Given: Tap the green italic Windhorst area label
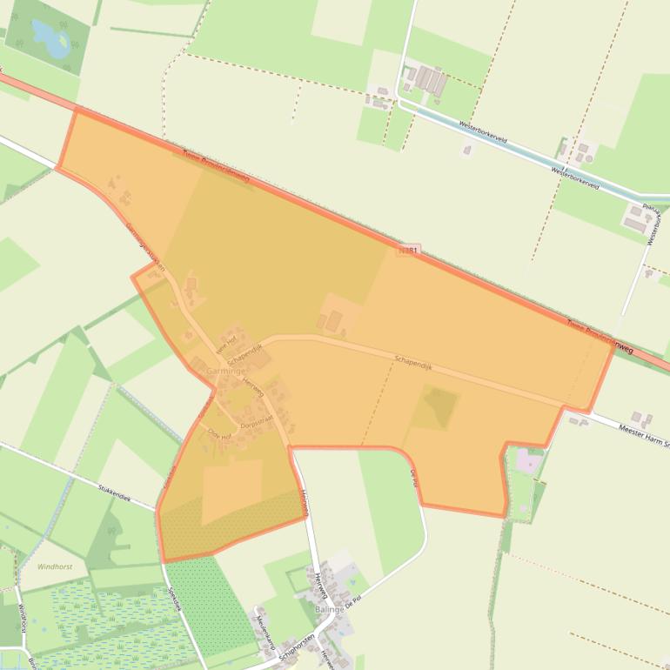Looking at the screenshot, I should point(55,566).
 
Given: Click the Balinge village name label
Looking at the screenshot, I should point(331,610).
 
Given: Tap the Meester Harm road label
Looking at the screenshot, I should point(643,436).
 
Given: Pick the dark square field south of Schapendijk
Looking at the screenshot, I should point(434,408).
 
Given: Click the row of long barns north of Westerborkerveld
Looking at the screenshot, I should point(430,82).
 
